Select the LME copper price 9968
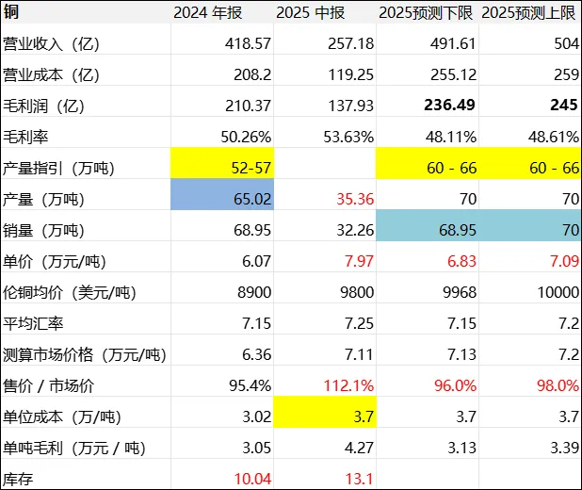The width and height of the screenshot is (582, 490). click(x=452, y=291)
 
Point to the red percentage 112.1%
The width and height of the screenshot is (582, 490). click(x=348, y=384)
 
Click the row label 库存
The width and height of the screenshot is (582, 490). click(x=21, y=477)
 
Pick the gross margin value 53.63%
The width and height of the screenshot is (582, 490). click(x=348, y=136)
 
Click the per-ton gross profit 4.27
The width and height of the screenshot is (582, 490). click(x=355, y=447)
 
